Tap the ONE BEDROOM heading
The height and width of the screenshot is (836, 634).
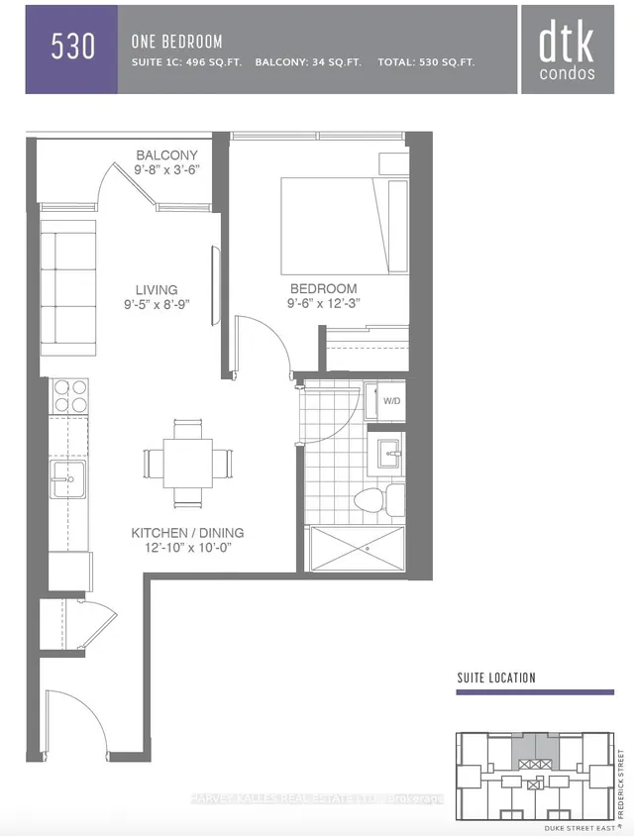tap(176, 42)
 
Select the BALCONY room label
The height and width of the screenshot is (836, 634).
tap(167, 156)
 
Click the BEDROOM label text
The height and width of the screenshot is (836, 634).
tap(322, 288)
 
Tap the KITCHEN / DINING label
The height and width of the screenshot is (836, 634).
tap(187, 533)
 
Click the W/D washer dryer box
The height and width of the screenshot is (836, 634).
tap(386, 401)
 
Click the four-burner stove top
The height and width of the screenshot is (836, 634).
tap(68, 396)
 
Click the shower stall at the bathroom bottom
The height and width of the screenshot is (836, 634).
tap(357, 547)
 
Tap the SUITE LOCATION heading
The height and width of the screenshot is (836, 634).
tap(495, 678)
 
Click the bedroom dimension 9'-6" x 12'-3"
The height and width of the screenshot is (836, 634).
tap(322, 303)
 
